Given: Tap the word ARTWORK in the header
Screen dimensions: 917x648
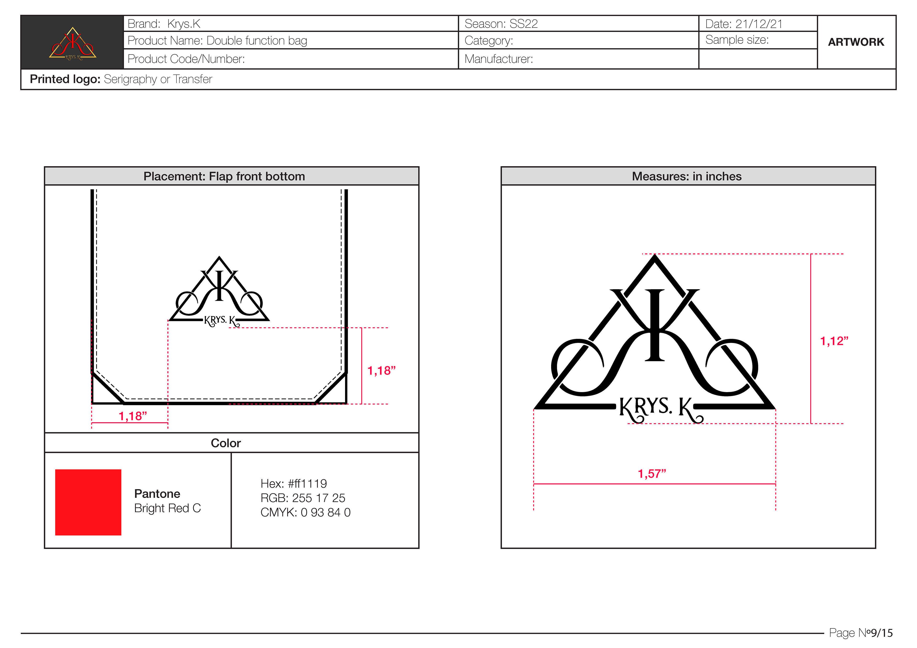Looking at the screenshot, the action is click(856, 42).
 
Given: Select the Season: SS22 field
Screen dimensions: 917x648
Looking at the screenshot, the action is click(501, 24).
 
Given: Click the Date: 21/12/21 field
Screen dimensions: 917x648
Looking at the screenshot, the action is click(744, 24).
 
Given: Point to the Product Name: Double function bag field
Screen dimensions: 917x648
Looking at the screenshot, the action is click(217, 41).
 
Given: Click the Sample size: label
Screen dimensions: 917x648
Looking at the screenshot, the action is click(737, 40).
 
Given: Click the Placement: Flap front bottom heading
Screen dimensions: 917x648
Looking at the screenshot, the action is click(224, 176).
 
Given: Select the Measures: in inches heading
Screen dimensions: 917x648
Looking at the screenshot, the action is click(687, 176).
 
